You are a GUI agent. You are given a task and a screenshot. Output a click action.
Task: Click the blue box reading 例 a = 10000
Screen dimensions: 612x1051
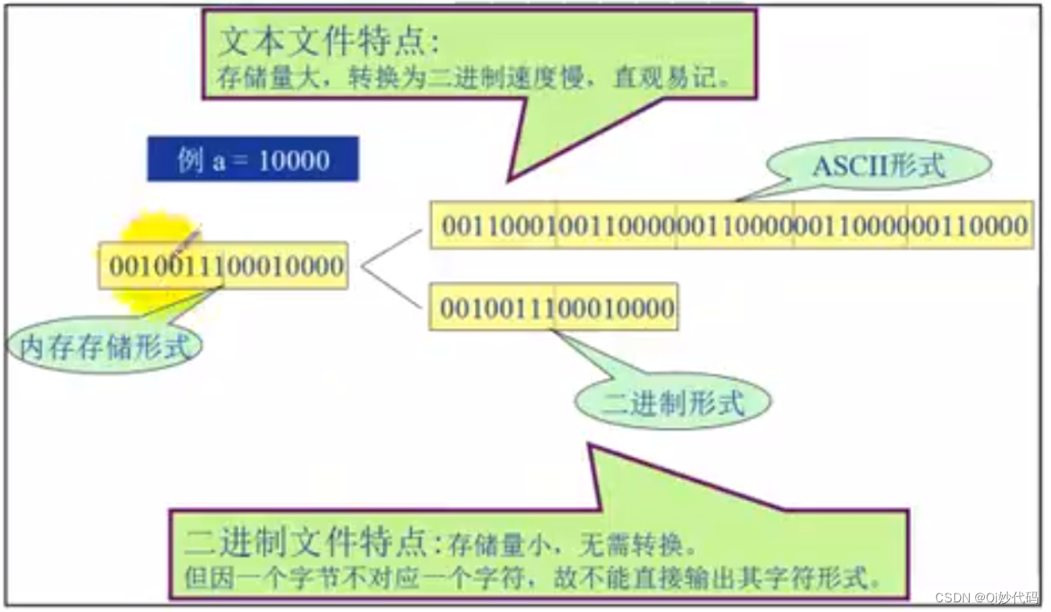[253, 159]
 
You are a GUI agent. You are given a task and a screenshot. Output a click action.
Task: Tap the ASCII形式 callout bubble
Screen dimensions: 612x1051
[878, 166]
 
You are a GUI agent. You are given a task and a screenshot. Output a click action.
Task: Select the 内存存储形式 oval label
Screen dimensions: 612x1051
[105, 347]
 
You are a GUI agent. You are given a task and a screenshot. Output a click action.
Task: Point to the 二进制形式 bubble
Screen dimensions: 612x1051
[673, 402]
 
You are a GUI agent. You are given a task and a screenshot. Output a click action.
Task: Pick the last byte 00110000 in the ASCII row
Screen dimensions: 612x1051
[970, 225]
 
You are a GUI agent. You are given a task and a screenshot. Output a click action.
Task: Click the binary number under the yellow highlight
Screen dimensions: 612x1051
[225, 266]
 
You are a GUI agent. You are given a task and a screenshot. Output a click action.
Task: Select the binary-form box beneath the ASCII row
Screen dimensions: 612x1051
[554, 307]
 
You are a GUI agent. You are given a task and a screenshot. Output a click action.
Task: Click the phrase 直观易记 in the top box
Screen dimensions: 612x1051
[702, 80]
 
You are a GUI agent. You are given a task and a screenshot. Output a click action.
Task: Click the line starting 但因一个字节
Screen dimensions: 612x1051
[531, 578]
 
